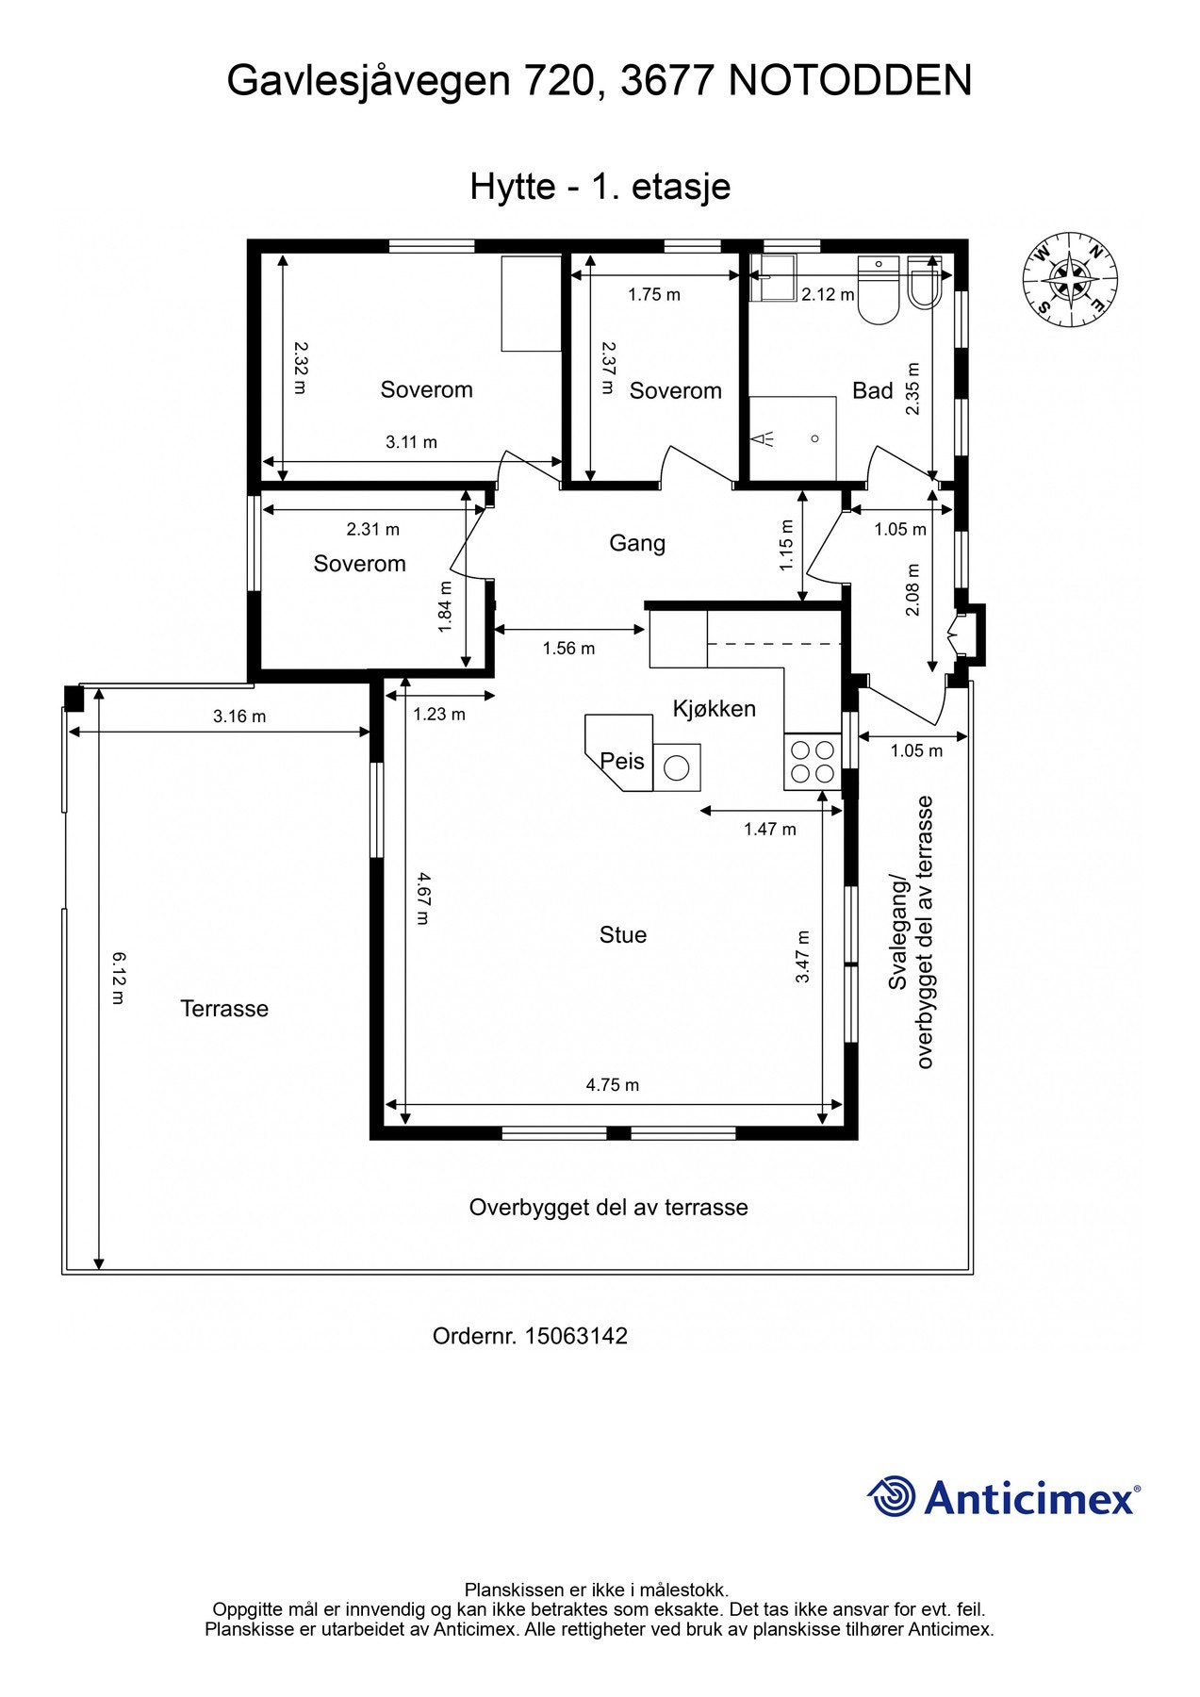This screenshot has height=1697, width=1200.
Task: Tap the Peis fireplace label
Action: click(x=622, y=761)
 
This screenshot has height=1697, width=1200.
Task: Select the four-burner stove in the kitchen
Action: click(x=812, y=762)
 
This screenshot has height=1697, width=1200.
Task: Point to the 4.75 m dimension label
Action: click(x=612, y=1085)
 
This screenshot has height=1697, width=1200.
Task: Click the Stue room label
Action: click(x=623, y=935)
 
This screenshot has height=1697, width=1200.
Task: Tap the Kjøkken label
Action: click(x=714, y=709)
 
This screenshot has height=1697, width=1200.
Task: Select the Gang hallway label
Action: click(x=637, y=543)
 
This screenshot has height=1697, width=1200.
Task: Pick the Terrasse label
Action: click(x=224, y=1009)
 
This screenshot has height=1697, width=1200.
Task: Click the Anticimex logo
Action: click(x=1003, y=1497)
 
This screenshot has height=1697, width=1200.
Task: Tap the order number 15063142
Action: click(x=575, y=1336)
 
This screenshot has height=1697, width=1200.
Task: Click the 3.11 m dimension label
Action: click(x=411, y=442)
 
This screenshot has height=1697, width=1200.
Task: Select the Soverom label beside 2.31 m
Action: click(x=359, y=564)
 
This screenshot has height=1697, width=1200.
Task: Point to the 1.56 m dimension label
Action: click(x=568, y=649)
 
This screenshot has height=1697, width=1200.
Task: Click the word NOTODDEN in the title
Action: click(x=849, y=81)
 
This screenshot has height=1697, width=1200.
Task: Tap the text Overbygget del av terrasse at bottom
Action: click(x=608, y=1208)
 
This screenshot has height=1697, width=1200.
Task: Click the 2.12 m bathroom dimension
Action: click(x=827, y=295)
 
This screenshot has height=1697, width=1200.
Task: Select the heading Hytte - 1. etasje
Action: click(x=600, y=187)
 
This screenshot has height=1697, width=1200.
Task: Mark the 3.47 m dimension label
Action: click(x=802, y=957)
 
